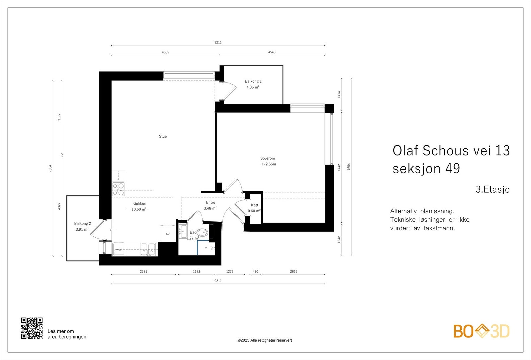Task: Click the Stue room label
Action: click(x=163, y=136)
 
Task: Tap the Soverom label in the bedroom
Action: click(x=267, y=158)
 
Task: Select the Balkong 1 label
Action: click(x=253, y=81)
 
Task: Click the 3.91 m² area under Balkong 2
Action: click(x=82, y=229)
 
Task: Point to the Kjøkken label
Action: click(x=139, y=203)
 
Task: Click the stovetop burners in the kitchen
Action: click(x=118, y=189)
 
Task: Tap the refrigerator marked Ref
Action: click(x=168, y=234)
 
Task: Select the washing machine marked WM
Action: click(x=118, y=250)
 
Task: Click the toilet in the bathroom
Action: click(x=203, y=233)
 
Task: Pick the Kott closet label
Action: click(x=254, y=205)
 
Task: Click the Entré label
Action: click(x=210, y=202)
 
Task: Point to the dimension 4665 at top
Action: click(x=165, y=52)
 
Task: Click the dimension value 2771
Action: click(x=143, y=271)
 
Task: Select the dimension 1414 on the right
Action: click(x=339, y=95)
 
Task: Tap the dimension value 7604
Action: click(x=50, y=168)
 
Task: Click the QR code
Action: click(x=32, y=328)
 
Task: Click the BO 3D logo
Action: click(x=481, y=331)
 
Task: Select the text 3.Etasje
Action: click(x=493, y=189)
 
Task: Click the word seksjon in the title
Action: click(x=417, y=168)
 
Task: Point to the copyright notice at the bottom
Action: click(x=265, y=340)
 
